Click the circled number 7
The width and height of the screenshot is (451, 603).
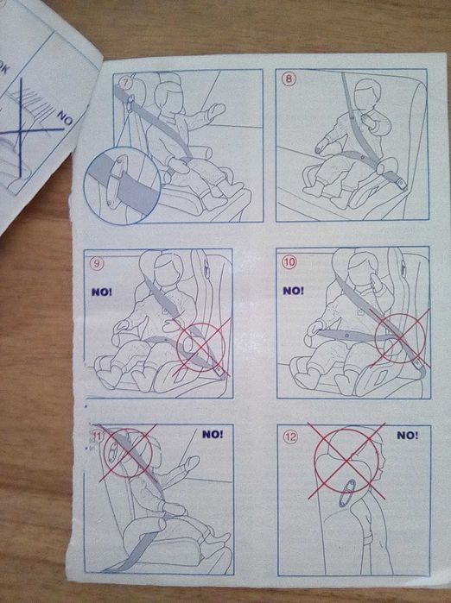coord(125,82)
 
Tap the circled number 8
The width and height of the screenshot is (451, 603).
coord(289,79)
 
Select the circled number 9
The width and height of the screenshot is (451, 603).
coord(97,263)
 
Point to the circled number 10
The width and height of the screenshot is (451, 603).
coord(289,262)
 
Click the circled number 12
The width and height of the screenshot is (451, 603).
coord(291,437)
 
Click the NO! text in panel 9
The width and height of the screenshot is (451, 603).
coord(102,292)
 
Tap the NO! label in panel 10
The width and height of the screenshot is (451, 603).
coord(293,291)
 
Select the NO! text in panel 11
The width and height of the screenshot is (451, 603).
coord(213,435)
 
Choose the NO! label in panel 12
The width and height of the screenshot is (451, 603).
coord(408,436)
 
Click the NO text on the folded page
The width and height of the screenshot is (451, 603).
coord(65,119)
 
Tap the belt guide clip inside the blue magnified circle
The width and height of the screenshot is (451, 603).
coord(116,181)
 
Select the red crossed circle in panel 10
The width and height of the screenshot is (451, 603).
coord(401,338)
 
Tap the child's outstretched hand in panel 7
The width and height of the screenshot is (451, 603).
coord(216,110)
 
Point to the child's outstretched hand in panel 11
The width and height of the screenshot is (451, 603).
coord(190,462)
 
